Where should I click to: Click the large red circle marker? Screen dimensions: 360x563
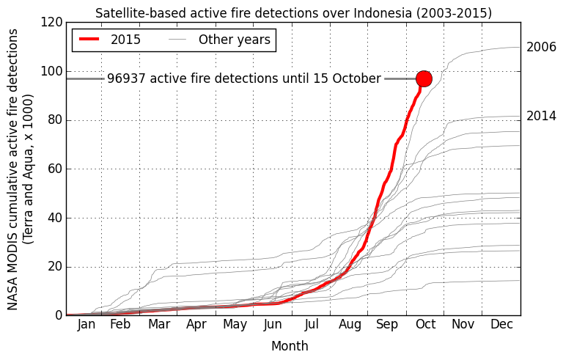point(424,78)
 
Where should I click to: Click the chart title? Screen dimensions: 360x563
point(293,13)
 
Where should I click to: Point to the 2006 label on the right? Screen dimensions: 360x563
point(541,47)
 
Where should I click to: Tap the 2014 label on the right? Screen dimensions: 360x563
point(541,116)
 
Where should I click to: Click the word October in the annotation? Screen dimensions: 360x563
point(356,78)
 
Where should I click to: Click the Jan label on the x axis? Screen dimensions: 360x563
point(86,325)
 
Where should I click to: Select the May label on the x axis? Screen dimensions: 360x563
point(235,325)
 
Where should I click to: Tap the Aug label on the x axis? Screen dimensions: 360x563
point(350,325)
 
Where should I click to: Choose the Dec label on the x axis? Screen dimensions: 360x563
point(501,325)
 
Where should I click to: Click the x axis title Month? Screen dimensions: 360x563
point(290,346)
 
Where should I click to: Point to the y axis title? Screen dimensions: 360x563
point(21,169)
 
